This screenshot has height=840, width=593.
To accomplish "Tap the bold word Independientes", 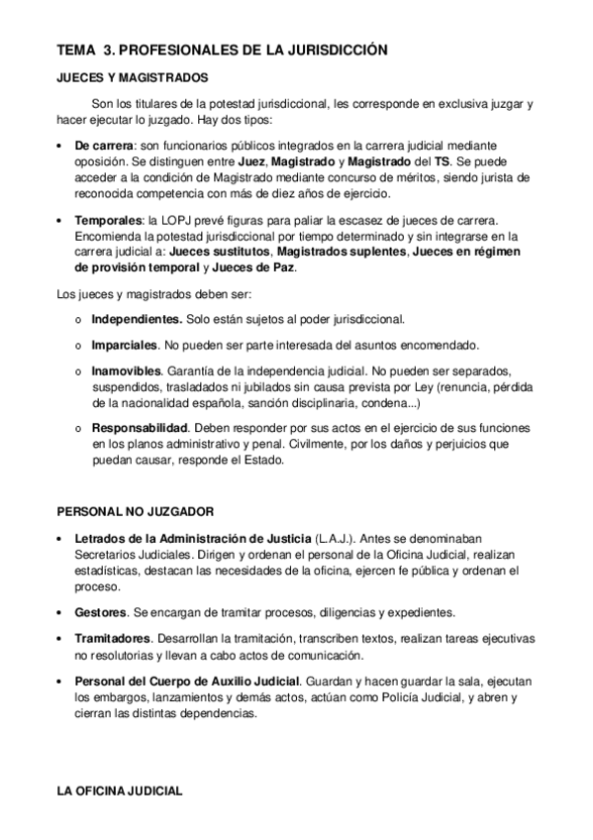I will tap(137, 319).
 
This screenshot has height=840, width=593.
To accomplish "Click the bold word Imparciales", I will tap(126, 345).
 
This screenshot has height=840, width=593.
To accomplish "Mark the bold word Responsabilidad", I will tap(139, 428).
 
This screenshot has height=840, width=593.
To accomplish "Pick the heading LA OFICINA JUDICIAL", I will tap(120, 792).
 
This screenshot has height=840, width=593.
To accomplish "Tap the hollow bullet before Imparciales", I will tap(78, 346).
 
